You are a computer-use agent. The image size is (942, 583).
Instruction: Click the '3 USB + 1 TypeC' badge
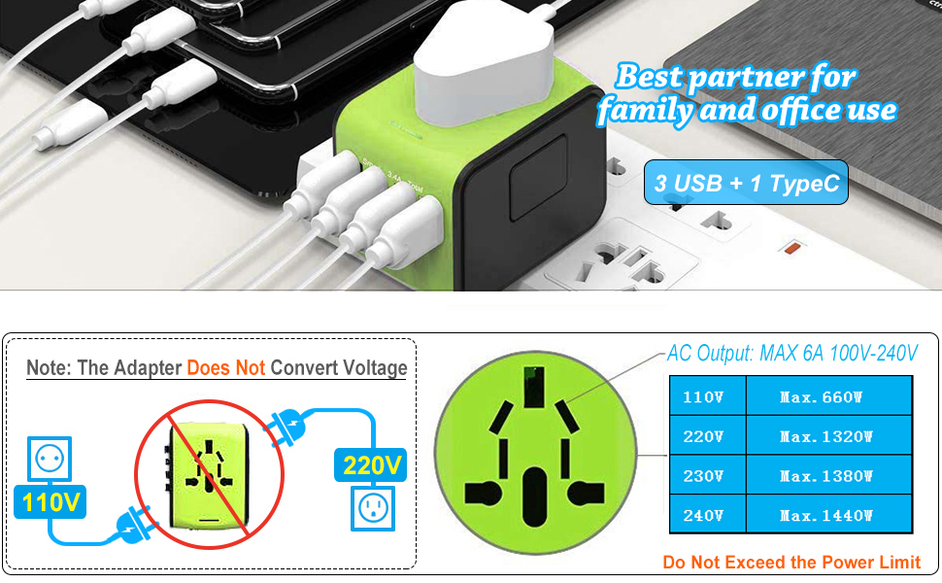pyautogui.click(x=746, y=183)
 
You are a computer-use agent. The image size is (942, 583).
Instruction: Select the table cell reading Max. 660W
pyautogui.click(x=827, y=396)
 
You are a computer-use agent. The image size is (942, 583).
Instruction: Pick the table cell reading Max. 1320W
pyautogui.click(x=827, y=436)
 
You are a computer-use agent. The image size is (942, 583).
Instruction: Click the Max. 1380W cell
pyautogui.click(x=827, y=476)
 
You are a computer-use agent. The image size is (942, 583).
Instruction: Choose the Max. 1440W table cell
pyautogui.click(x=827, y=515)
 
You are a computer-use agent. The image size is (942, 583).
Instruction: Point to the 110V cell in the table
pyautogui.click(x=706, y=396)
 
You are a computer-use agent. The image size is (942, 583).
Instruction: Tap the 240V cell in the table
pyautogui.click(x=706, y=515)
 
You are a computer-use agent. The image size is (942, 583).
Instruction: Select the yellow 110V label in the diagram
pyautogui.click(x=51, y=502)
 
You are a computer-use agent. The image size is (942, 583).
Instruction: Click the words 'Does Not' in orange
pyautogui.click(x=225, y=369)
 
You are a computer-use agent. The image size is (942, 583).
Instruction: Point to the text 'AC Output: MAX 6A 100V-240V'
pyautogui.click(x=791, y=354)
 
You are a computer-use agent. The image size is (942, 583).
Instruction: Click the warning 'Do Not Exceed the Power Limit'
pyautogui.click(x=791, y=562)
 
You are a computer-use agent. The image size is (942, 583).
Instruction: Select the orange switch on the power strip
pyautogui.click(x=791, y=248)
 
